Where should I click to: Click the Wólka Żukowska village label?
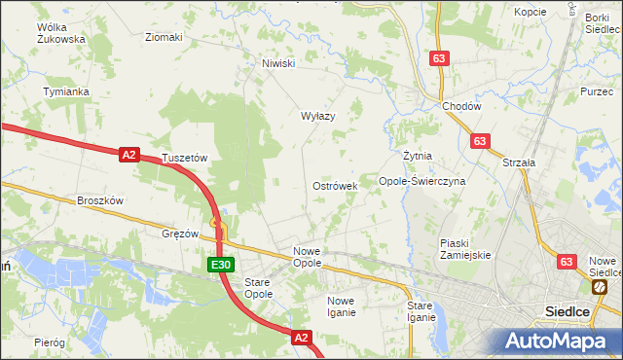tap(60, 33)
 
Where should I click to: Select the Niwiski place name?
tap(277, 63)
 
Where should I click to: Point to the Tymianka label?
tap(66, 91)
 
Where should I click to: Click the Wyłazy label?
tap(317, 116)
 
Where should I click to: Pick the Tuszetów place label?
tap(186, 157)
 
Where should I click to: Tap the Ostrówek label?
tap(335, 185)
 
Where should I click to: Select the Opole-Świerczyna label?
tap(422, 181)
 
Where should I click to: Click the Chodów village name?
tap(461, 107)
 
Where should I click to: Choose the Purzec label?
tap(595, 90)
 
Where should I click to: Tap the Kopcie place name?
tap(530, 12)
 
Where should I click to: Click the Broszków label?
tap(100, 200)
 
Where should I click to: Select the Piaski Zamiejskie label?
tap(465, 248)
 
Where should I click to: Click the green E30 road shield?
tap(220, 264)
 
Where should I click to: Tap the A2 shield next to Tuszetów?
tap(129, 154)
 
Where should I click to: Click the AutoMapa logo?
tap(556, 342)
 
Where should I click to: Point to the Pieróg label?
tap(49, 342)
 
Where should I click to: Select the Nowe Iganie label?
tap(341, 306)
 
